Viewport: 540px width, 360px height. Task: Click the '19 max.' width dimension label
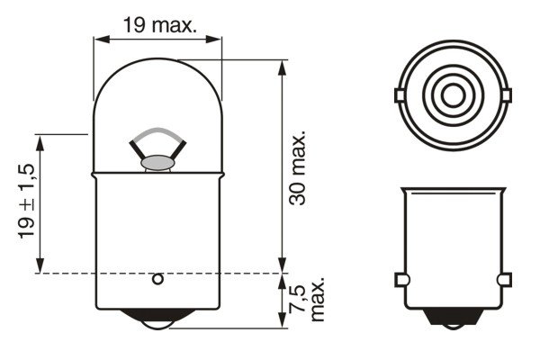(x=159, y=25)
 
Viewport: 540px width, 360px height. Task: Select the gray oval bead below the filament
(x=157, y=163)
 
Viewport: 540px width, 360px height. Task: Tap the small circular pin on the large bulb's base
(x=157, y=278)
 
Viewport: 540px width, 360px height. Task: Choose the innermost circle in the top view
(x=450, y=94)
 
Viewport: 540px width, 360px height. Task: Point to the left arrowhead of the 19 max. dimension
(x=100, y=39)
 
